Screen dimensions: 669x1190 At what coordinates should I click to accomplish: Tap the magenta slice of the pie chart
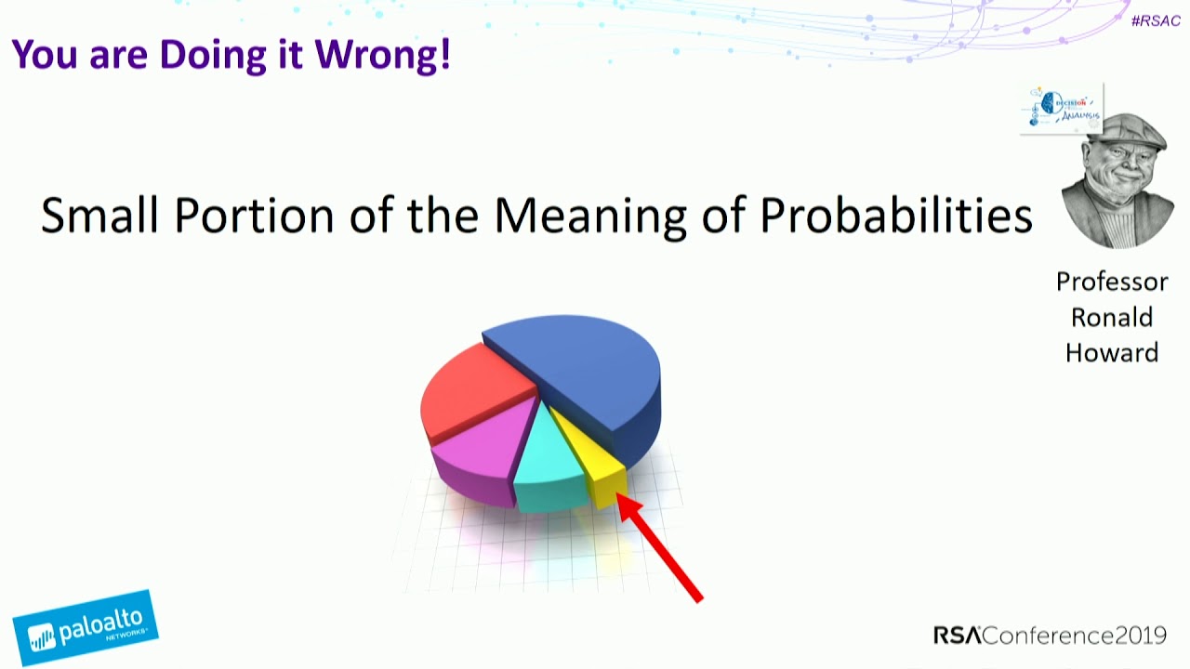[x=479, y=451]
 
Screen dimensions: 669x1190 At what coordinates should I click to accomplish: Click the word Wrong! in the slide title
[x=382, y=55]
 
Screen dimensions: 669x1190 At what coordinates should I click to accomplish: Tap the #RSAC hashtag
[x=1156, y=20]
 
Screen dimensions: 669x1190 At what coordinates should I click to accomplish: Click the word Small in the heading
[x=100, y=216]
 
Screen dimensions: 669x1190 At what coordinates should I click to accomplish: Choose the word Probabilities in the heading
[x=896, y=217]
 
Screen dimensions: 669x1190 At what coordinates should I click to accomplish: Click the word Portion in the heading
[x=255, y=216]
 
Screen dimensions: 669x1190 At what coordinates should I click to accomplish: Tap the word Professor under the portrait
[x=1112, y=282]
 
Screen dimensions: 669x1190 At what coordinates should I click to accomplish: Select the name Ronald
[x=1112, y=317]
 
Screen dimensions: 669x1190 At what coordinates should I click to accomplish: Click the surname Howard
[x=1112, y=352]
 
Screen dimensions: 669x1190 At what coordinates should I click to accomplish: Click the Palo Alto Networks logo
[x=85, y=628]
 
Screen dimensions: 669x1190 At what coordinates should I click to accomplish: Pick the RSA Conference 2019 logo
[x=1050, y=636]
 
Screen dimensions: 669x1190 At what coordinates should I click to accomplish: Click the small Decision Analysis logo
[x=1062, y=109]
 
